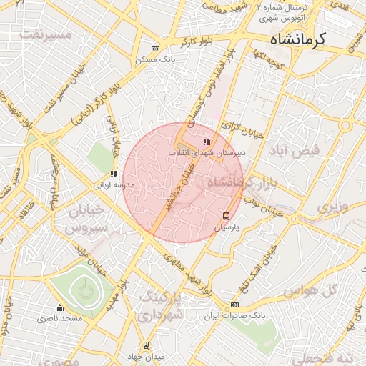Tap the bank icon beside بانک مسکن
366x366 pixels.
coord(156,49)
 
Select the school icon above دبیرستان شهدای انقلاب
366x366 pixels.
coord(207,142)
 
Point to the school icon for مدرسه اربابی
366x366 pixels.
coord(114,174)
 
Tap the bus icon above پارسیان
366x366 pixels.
coord(227,216)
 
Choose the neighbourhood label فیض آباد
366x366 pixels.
coord(299,152)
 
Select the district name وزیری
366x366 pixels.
coord(334,207)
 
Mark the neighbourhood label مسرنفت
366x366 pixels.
coord(46,34)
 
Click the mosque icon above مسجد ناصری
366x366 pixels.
coord(59,308)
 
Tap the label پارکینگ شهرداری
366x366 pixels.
coord(162,305)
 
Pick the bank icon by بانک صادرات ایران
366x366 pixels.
coord(234,305)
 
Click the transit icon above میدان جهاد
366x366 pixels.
coord(147,345)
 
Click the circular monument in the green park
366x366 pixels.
coord(86,290)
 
